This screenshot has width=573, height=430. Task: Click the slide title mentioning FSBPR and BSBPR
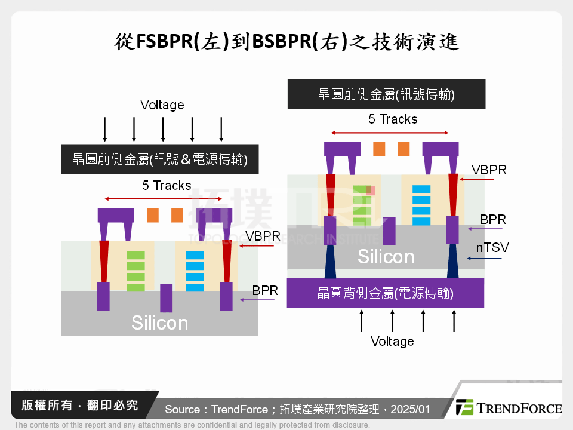[x=286, y=43]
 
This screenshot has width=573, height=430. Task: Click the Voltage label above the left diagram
[x=162, y=105]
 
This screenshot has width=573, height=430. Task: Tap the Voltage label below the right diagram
[x=392, y=341]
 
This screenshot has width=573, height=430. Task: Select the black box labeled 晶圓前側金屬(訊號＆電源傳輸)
[x=159, y=159]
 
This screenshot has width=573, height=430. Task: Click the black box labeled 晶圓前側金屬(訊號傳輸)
[x=386, y=94]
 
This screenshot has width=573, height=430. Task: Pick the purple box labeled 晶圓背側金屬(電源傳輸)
[x=385, y=293]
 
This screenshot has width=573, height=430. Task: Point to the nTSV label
[x=492, y=247]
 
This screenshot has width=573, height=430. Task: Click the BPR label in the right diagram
[x=493, y=220]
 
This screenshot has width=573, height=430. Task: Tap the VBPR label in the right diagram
[x=489, y=170]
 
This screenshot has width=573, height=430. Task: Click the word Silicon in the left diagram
[x=159, y=323]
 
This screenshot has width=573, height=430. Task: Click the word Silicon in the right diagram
[x=386, y=257]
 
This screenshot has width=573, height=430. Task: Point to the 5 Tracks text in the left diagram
[x=167, y=185]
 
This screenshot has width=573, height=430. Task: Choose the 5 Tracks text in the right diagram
[x=393, y=119]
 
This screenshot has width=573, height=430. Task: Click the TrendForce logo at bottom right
[x=509, y=408]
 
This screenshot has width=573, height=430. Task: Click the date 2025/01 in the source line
[x=411, y=410]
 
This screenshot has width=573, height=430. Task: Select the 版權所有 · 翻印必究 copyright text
[x=80, y=406]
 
